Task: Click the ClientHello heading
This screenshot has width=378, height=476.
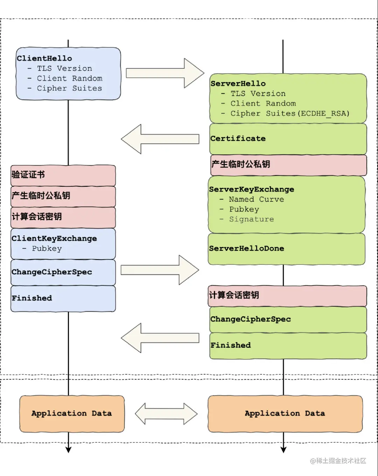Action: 44,58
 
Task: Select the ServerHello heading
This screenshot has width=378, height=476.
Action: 238,84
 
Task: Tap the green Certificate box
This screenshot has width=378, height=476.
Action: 288,139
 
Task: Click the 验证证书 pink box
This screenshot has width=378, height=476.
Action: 63,175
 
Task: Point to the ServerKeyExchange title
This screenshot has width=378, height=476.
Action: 251,189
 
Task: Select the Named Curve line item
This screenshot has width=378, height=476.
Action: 256,199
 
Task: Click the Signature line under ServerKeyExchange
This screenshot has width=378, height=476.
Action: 251,219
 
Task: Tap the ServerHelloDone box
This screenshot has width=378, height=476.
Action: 286,249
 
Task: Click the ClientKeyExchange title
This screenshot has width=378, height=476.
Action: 54,239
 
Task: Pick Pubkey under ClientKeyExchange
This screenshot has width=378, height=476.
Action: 47,249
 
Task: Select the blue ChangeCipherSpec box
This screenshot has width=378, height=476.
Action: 63,272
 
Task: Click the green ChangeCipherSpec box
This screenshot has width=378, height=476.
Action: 288,319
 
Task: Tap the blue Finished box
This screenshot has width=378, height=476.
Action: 63,298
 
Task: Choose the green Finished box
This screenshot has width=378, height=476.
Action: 288,345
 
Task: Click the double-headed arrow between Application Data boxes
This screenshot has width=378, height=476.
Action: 166,414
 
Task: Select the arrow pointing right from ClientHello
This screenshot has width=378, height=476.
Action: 164,73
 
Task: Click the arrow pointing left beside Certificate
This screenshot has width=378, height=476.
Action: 160,139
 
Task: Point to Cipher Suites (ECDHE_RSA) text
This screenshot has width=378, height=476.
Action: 290,114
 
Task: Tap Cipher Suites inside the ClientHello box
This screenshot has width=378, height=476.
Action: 69,89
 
